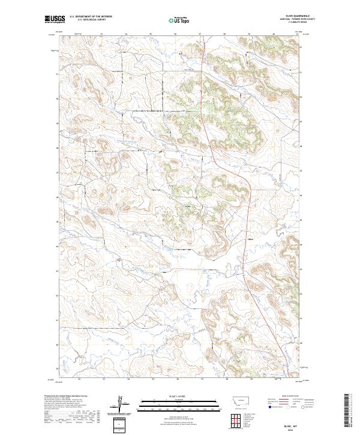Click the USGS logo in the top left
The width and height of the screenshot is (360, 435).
click(55, 20)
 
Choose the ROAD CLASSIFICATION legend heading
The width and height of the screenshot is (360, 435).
click(290, 396)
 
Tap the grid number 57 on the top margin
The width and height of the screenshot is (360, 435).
click(200, 35)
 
